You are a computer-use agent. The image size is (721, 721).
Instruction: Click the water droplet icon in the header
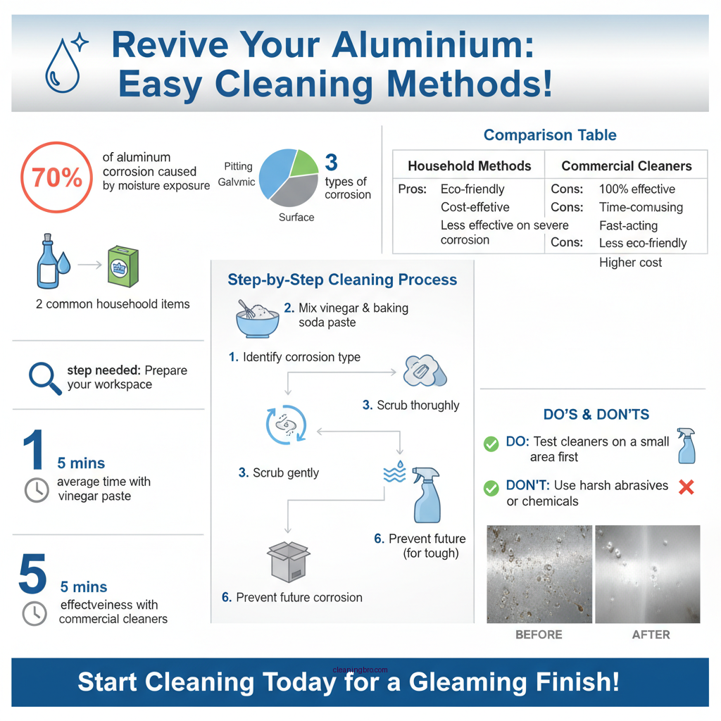coord(61,68)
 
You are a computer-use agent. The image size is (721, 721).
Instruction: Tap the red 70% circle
coord(56,178)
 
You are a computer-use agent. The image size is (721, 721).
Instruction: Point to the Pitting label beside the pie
coord(238,166)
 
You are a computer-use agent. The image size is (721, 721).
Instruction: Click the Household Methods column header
coord(469,166)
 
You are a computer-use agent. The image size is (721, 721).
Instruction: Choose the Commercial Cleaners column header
coord(626,166)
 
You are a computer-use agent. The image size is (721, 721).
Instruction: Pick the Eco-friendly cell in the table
coord(472,189)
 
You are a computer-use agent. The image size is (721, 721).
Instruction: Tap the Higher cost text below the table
coord(630,263)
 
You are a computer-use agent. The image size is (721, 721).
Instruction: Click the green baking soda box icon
coord(123,267)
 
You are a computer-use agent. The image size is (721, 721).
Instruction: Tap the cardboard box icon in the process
coord(289,561)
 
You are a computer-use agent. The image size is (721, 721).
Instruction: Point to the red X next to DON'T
coord(686,487)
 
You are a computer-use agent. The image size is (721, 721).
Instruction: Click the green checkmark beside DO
coord(491,444)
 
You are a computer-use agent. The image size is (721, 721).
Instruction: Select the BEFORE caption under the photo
coord(539,634)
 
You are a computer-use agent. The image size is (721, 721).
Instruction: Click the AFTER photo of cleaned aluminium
coord(647,574)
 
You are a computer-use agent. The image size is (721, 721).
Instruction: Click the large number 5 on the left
coord(32,574)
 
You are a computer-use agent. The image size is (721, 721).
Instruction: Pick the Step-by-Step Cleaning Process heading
coord(342,280)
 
